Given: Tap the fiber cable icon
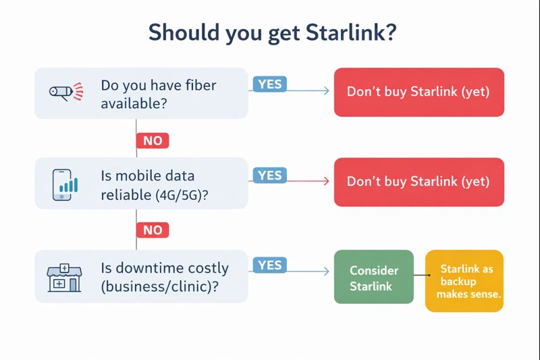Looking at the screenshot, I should [x=65, y=92].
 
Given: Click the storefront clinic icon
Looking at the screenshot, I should [x=64, y=277].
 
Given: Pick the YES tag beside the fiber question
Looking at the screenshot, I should [x=269, y=84].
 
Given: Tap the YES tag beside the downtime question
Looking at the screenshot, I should [x=269, y=265].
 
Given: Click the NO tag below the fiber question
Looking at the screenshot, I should [x=153, y=140].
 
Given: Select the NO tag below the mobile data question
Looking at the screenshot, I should [x=153, y=230].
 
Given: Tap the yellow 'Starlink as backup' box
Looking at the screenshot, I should [x=464, y=281].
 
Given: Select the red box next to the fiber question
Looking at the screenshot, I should [x=418, y=92].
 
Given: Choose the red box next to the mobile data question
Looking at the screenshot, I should [x=418, y=182].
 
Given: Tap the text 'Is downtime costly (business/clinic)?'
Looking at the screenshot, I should [x=165, y=276].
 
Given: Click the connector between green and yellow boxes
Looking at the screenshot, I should [x=421, y=276].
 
